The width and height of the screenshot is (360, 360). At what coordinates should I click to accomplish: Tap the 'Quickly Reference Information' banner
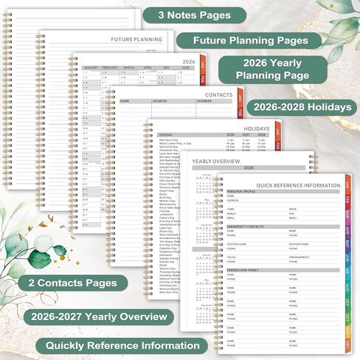(x=122, y=345)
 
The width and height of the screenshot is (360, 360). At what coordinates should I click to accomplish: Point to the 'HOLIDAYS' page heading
(x=256, y=129)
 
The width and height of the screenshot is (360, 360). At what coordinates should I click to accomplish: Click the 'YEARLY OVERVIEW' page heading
(x=215, y=160)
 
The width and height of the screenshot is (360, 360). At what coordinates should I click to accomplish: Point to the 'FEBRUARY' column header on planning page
(x=109, y=67)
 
